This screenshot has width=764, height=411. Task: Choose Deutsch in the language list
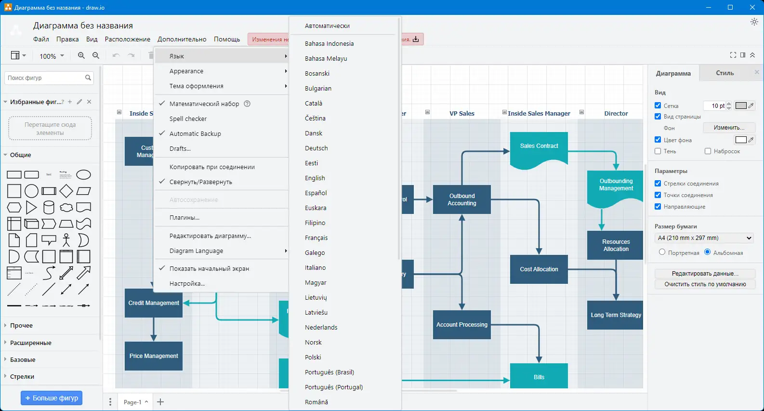coord(316,148)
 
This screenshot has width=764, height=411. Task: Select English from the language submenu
coord(315,178)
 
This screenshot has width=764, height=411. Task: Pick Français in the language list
coord(316,238)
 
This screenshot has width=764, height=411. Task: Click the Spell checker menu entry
coord(188,119)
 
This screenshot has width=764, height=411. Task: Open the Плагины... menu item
coord(184,217)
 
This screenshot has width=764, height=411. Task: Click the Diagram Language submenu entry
coord(197,251)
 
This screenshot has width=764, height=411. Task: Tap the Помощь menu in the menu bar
coord(227,39)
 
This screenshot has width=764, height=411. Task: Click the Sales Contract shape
coord(539,146)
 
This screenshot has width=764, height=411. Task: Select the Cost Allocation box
coord(539,269)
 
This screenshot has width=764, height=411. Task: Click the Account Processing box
coord(461,325)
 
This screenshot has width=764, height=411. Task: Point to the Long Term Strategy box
coord(615,315)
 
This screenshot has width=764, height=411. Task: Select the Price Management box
coord(154,356)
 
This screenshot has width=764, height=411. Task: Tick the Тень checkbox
coord(658,151)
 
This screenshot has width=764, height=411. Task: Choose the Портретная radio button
coord(662,252)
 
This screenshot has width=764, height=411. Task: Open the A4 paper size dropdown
coord(704,238)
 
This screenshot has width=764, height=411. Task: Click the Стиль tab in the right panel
coord(724,73)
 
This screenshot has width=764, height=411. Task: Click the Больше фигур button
coord(52,398)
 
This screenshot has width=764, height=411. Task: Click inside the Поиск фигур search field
coord(44,78)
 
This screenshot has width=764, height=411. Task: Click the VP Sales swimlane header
coord(461,114)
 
